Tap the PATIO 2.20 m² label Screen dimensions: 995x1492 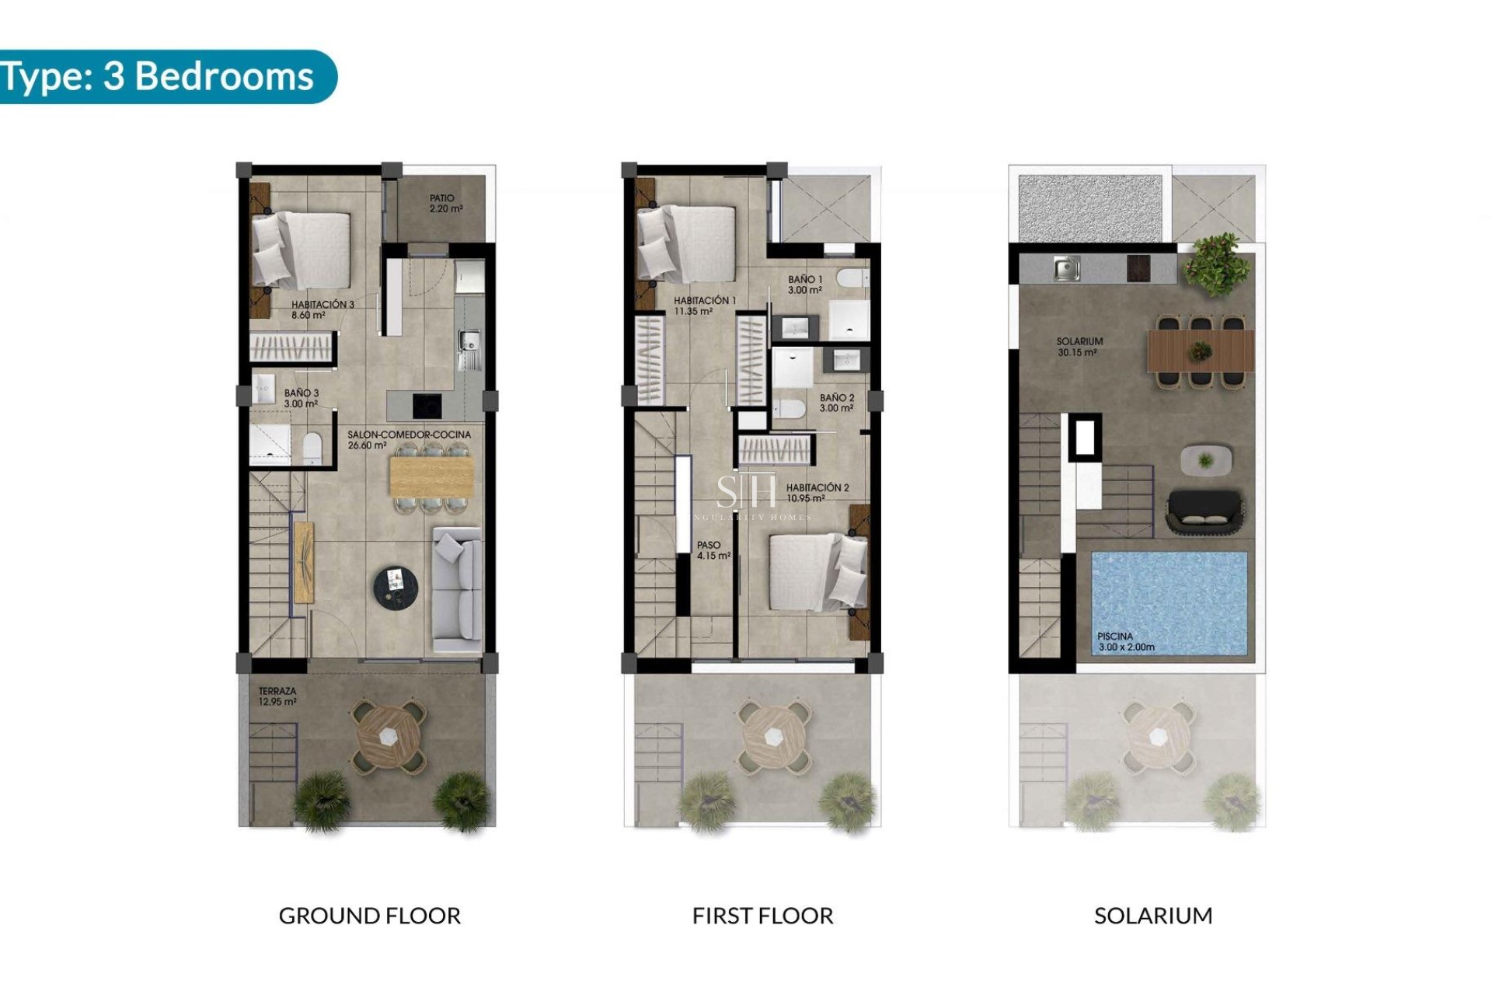(446, 204)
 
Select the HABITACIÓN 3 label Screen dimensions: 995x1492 (322, 309)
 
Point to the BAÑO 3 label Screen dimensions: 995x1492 (301, 398)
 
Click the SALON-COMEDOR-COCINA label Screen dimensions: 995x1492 (409, 440)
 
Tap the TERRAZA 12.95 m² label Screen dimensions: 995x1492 (277, 696)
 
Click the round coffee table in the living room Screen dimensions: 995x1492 (396, 585)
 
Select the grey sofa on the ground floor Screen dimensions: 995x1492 (457, 589)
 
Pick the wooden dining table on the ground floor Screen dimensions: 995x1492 (431, 477)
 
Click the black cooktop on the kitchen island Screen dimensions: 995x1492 (427, 405)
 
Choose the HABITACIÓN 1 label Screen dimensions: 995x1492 (704, 305)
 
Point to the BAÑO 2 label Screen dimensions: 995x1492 (836, 403)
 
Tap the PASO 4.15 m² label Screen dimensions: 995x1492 (713, 550)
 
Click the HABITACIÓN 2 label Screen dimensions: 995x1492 (817, 493)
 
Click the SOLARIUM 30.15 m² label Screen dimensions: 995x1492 (1079, 347)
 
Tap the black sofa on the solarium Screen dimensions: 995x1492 (1204, 511)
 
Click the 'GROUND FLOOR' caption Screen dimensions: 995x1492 (369, 916)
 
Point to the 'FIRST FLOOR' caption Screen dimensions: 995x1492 (762, 916)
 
